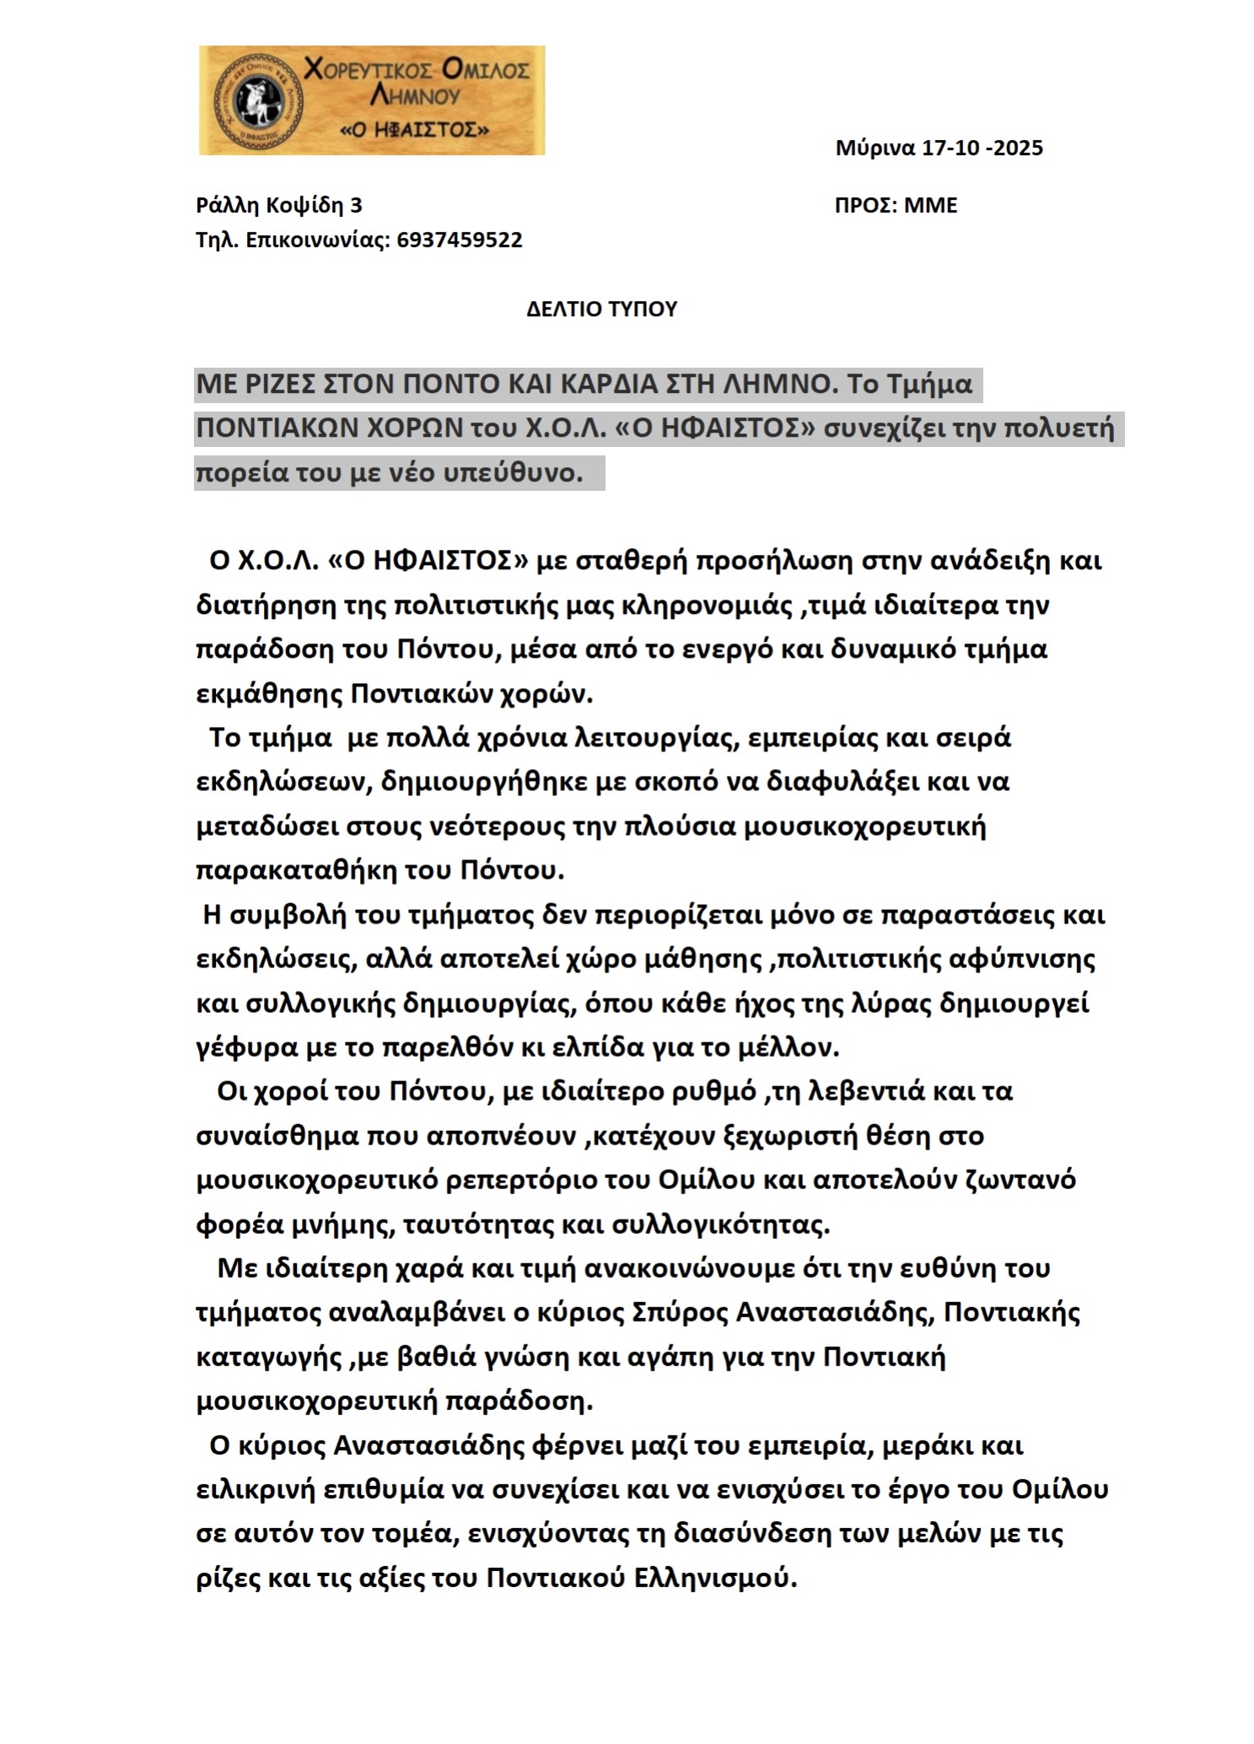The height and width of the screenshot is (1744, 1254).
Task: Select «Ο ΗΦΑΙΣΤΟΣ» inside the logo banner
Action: tap(413, 131)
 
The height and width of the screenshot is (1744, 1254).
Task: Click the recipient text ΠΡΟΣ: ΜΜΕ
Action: tap(896, 206)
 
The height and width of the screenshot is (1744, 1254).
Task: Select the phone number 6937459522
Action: tap(459, 240)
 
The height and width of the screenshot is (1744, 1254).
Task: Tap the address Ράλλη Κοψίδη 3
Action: tap(279, 206)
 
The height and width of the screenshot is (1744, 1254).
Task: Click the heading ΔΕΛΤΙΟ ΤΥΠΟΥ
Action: tap(601, 310)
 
